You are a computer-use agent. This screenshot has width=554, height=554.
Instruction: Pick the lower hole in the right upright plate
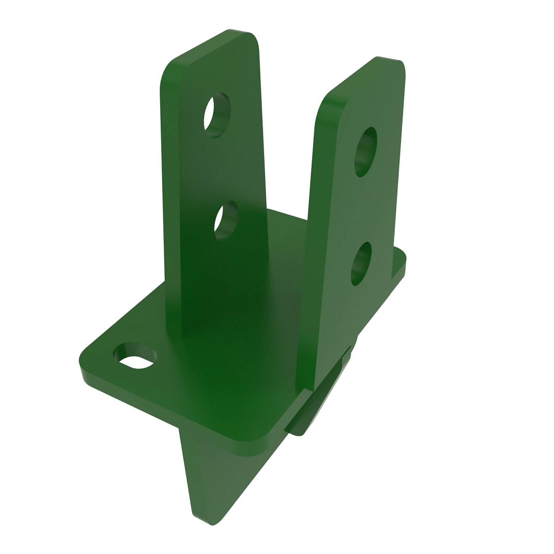(x=361, y=263)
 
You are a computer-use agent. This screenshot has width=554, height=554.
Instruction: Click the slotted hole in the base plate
(x=135, y=356)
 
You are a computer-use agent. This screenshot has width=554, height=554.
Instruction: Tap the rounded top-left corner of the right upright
(x=323, y=102)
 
